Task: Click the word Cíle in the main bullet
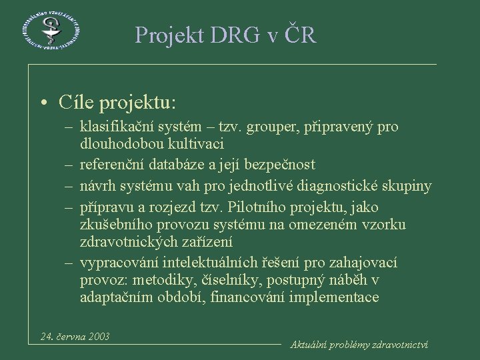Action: tap(75, 103)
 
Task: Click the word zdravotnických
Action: tap(129, 243)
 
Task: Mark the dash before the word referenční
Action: tap(69, 164)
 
